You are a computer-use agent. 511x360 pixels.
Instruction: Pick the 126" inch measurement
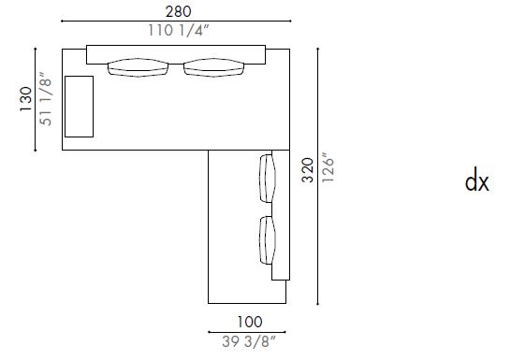click(x=328, y=176)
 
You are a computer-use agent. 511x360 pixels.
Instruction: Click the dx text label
click(x=477, y=181)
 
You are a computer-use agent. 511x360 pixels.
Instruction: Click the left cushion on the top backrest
click(x=138, y=67)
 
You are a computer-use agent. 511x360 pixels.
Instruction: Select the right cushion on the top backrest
click(x=214, y=67)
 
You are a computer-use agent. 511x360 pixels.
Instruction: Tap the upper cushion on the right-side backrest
click(x=269, y=178)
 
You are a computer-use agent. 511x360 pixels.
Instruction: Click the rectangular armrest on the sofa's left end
click(x=80, y=106)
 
